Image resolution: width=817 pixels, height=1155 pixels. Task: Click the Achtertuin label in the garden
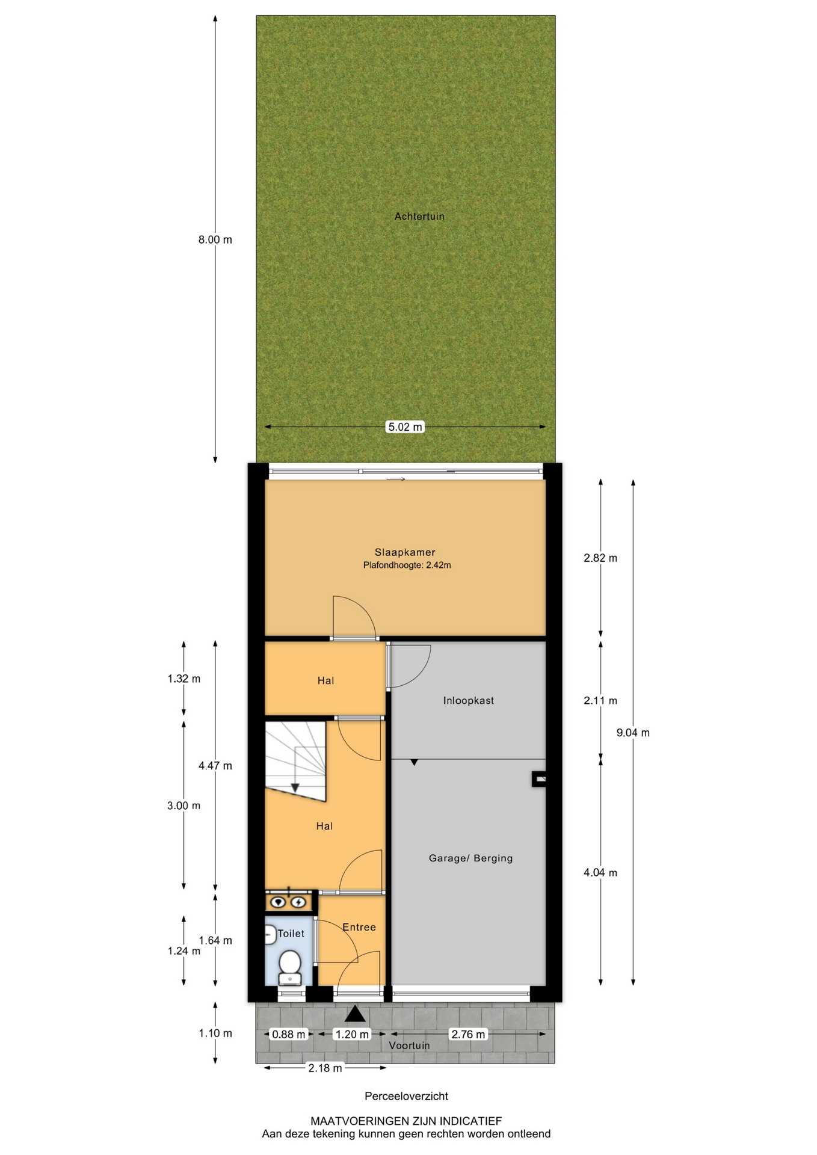coord(419,217)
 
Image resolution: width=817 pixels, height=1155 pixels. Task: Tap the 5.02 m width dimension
coord(405,427)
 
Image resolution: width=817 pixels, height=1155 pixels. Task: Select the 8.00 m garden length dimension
coord(215,239)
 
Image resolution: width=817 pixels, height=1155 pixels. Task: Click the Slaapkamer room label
coord(405,552)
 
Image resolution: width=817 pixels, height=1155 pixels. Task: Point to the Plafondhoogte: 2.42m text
coord(407,565)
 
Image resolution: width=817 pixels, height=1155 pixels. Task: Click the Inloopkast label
coord(469,700)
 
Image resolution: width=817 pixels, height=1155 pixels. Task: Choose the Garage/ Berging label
coord(471,858)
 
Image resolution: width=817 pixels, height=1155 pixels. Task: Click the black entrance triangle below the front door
coord(355,1014)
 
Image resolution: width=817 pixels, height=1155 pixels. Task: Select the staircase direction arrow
coord(295,787)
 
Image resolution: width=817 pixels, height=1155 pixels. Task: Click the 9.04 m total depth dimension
coord(633,733)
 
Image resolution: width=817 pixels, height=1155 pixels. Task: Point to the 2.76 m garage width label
coord(468,1035)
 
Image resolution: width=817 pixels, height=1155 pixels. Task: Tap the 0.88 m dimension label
coord(289,1035)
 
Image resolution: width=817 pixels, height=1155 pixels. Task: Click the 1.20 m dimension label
coord(352,1035)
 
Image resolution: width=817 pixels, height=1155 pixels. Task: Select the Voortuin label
coord(409,1046)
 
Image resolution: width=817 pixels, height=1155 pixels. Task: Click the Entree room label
coord(359,928)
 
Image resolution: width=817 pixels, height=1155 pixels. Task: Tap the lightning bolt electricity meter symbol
coord(298,902)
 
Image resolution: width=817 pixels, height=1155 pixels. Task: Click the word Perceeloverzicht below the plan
coord(406,1097)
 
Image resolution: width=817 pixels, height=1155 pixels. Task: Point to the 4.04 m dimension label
coord(600,873)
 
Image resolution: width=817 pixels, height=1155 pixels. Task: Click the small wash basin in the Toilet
coord(270,935)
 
